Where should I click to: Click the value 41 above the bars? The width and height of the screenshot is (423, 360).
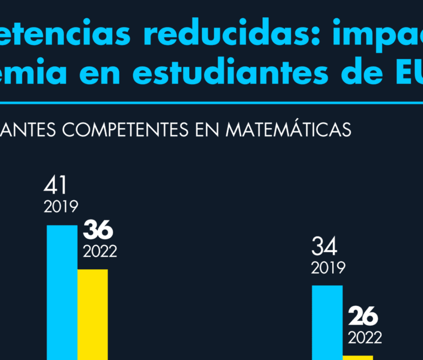(55, 186)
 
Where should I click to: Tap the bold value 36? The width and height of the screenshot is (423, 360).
(98, 231)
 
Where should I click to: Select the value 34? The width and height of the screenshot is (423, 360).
(324, 247)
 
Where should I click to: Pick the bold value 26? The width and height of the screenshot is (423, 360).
(362, 316)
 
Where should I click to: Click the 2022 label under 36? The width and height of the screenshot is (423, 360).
(100, 251)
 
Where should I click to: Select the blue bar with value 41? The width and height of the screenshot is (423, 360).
(62, 291)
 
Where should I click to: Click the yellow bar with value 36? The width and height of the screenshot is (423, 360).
(93, 314)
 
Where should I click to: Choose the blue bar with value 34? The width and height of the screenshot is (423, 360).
(327, 323)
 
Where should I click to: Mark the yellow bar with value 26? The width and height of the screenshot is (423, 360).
(358, 357)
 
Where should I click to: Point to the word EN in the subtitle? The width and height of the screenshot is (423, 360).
(210, 130)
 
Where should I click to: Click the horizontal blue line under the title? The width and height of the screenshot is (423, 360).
(212, 104)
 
